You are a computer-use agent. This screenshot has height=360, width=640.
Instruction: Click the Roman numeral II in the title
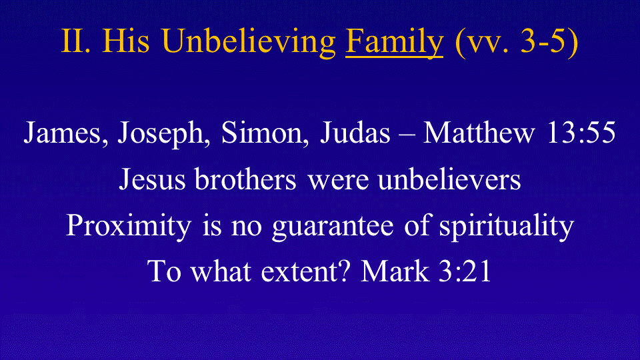75,41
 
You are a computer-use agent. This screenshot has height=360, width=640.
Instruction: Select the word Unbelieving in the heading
249,43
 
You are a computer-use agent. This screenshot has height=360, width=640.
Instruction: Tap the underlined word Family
394,43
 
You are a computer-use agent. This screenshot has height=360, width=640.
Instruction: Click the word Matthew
479,133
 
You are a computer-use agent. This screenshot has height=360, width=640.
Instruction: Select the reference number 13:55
581,133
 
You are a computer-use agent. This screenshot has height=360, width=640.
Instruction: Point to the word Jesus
152,179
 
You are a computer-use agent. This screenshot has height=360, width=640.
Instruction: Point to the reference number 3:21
465,271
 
